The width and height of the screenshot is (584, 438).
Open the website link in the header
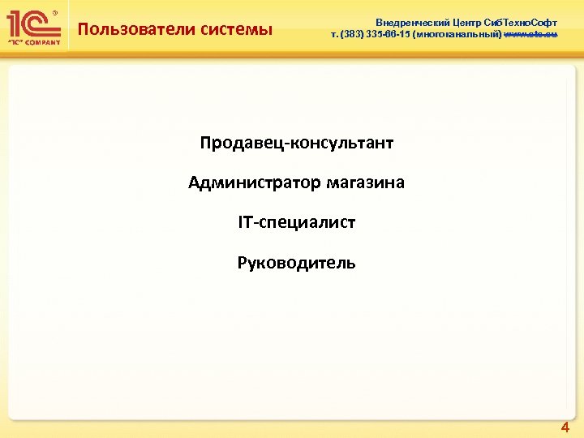pos(530,35)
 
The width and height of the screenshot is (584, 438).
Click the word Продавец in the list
pos(236,144)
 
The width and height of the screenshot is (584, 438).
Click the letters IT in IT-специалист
pos(245,222)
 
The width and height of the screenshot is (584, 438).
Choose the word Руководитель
pos(296,263)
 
